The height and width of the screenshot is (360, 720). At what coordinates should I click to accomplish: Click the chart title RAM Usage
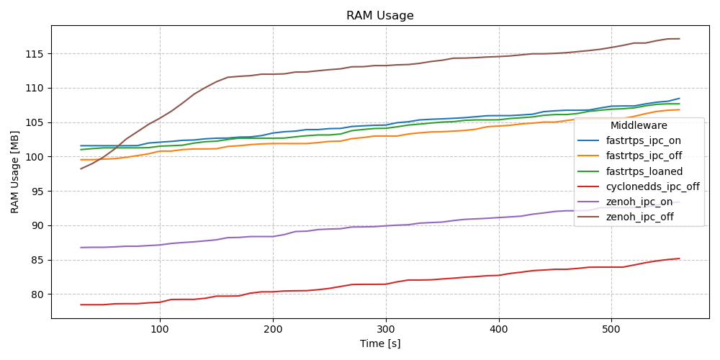pos(379,16)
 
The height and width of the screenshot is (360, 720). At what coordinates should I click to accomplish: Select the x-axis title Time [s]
pos(379,344)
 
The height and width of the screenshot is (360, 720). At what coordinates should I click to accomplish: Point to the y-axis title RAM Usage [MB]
pos(15,171)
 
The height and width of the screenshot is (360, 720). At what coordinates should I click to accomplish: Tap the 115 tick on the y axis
pos(35,54)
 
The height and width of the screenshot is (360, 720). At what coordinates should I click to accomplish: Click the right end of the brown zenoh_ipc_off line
pos(679,39)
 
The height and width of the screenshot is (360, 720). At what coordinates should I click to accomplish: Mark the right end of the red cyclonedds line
pos(679,258)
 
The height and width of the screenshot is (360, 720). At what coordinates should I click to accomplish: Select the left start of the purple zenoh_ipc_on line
pos(81,248)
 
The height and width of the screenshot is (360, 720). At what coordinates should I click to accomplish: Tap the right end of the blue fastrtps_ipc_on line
pos(679,99)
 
